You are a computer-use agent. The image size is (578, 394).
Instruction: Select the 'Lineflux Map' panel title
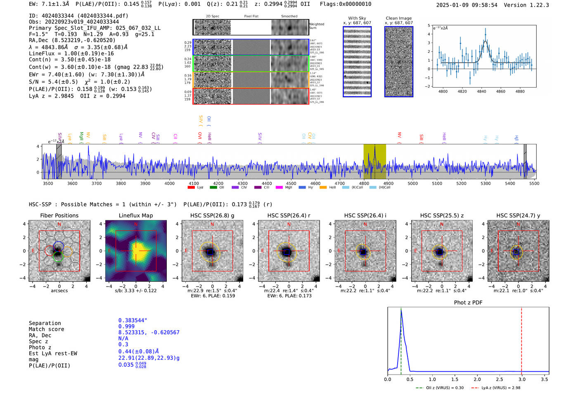coord(136,215)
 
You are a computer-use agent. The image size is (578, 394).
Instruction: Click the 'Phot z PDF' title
coord(468,302)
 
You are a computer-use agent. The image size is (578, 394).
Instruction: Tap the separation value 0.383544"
coord(133,320)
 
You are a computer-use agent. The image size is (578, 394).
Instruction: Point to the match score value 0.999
coord(126,326)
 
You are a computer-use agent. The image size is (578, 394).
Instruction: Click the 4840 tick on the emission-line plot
coord(481,91)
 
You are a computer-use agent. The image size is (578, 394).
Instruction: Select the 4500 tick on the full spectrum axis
coord(291,184)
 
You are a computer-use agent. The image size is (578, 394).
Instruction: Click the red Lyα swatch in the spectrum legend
coord(191,188)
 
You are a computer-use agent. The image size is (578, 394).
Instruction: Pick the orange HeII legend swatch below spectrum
coord(323,188)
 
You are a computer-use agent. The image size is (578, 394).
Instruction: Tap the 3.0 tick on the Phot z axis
coord(521,379)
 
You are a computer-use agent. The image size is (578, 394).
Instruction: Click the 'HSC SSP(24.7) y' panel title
coord(518,215)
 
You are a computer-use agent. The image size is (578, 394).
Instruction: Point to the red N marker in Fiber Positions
coord(59,224)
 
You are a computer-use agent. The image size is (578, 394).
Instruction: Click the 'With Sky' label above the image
coord(357,18)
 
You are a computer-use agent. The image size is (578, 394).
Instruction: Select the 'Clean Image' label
coord(398,18)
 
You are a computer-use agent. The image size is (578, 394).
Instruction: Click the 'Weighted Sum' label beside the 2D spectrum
coord(317,26)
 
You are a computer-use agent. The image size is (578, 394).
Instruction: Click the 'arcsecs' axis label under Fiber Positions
coord(59,291)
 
